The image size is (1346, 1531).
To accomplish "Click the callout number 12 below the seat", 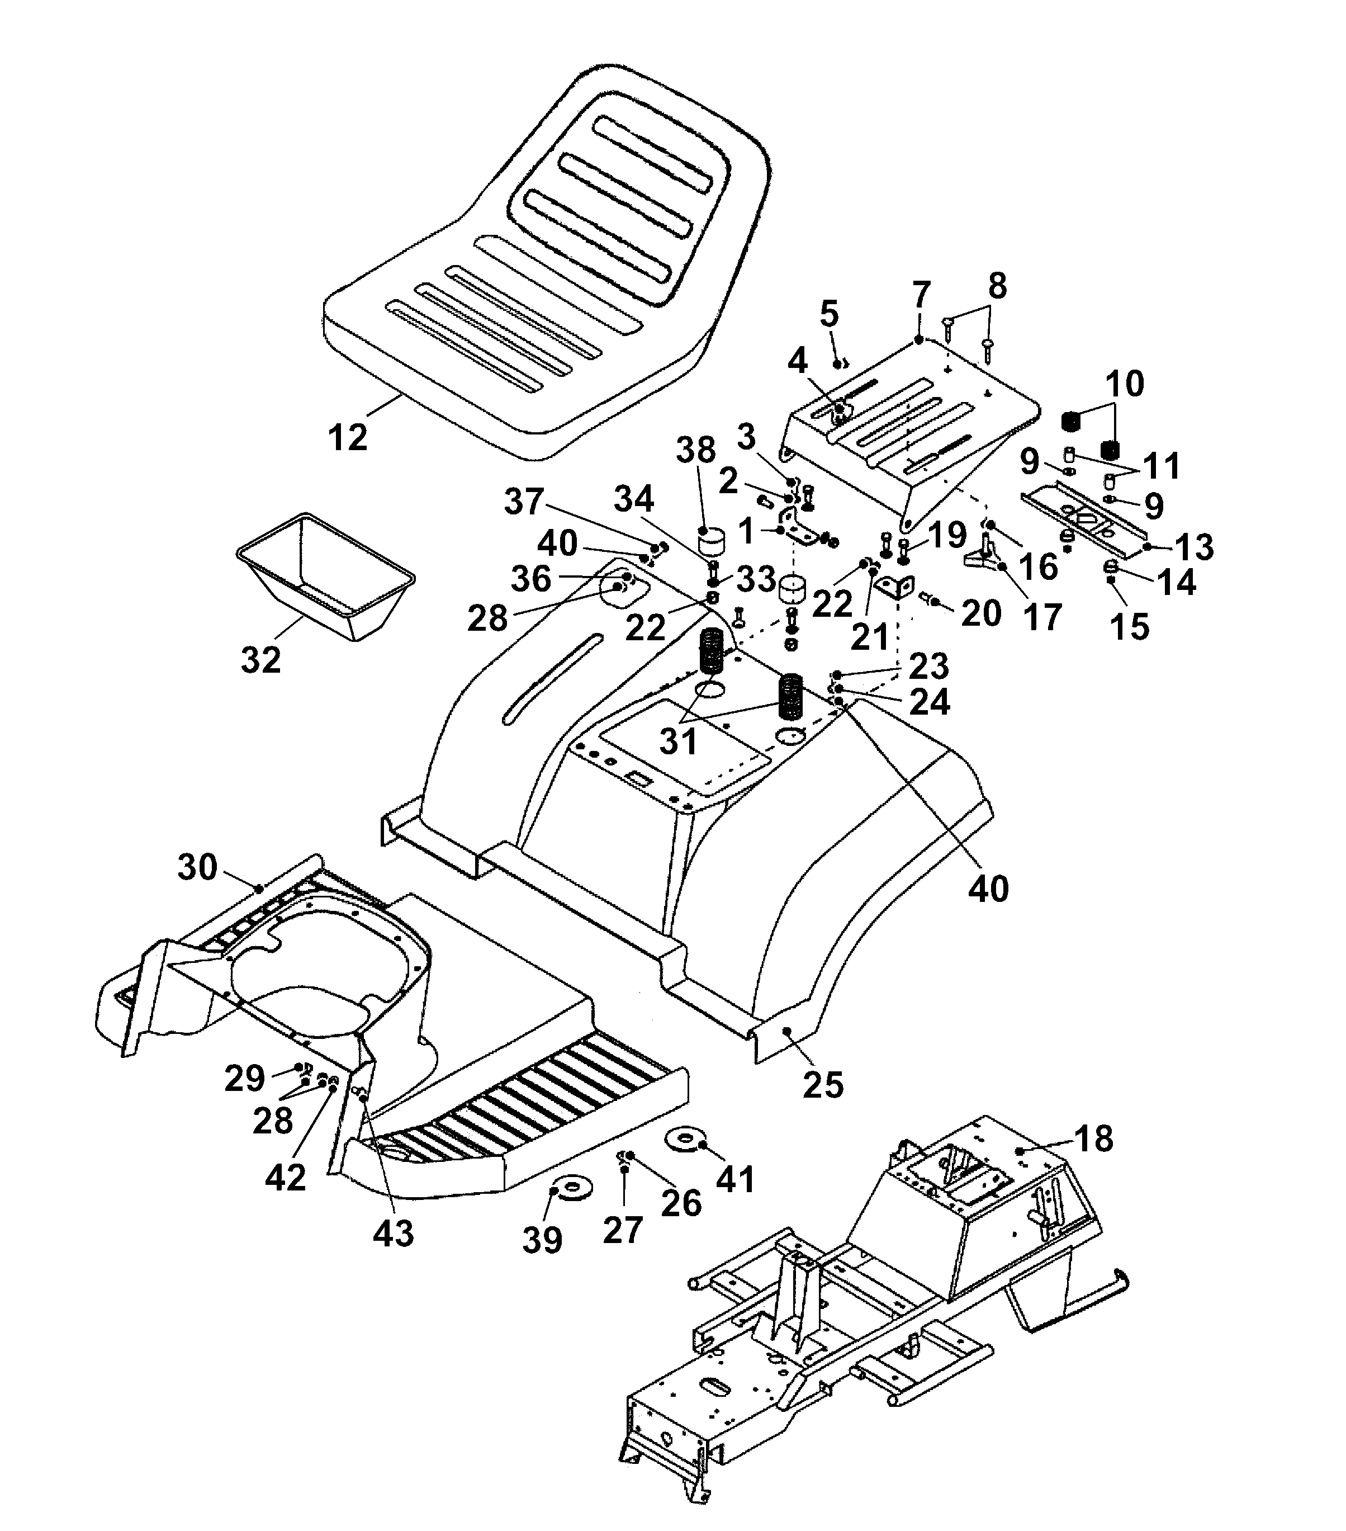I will tap(348, 437).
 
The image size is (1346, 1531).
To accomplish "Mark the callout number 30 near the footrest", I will tap(197, 867).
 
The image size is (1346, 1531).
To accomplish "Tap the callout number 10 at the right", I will tap(1125, 384).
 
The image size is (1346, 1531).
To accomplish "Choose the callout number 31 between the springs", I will tap(678, 741).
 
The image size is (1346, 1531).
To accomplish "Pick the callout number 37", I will tap(523, 501).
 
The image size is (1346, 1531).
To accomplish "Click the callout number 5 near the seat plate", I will tap(829, 315).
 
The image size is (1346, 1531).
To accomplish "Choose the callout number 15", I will tap(1129, 626).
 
